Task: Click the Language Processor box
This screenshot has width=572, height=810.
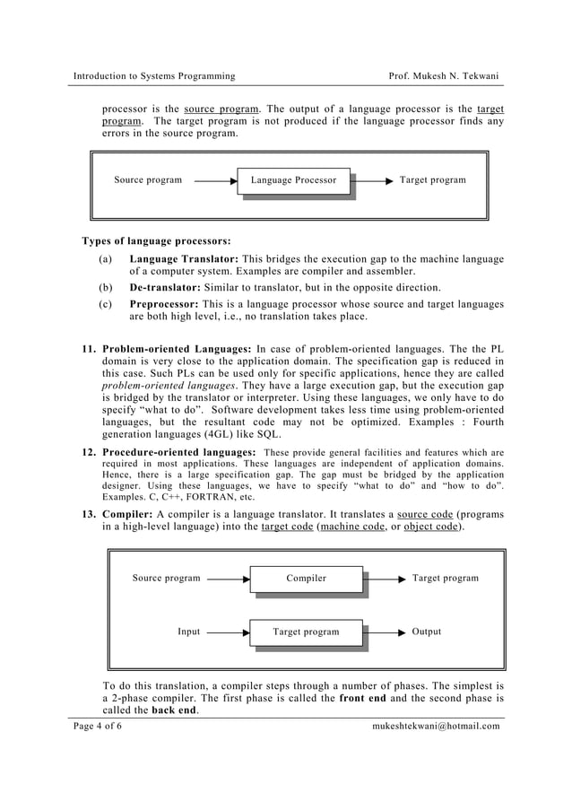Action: (x=293, y=180)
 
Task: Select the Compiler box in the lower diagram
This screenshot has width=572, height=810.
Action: (x=306, y=579)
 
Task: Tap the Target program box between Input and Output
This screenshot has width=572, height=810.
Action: (x=306, y=632)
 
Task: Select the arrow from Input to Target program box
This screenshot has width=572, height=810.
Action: (x=228, y=632)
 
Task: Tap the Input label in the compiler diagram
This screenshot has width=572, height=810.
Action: (x=188, y=632)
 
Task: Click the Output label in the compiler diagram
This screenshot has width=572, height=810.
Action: (x=426, y=632)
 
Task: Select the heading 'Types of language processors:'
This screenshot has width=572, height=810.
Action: (x=156, y=240)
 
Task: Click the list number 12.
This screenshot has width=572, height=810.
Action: (x=88, y=451)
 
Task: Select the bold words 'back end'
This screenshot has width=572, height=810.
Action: (x=175, y=710)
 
